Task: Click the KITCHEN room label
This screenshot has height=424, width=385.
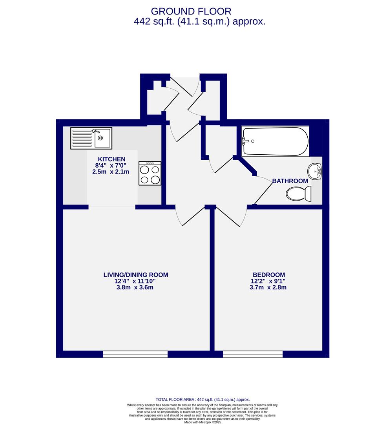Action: (111, 159)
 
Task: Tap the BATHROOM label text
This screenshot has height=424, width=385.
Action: (290, 181)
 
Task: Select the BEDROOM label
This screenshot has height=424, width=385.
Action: (268, 275)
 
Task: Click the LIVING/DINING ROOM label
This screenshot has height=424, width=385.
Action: (136, 275)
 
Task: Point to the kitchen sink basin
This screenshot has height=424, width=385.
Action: (101, 138)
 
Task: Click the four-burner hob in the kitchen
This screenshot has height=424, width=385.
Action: (150, 173)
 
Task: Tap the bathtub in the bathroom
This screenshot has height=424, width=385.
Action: (275, 141)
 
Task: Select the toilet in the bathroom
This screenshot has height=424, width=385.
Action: (298, 194)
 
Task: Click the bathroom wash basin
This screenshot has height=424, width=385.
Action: (315, 171)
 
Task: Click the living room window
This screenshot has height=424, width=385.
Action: (135, 354)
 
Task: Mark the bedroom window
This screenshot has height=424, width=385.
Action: (253, 354)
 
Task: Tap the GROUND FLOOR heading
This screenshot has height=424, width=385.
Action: (191, 11)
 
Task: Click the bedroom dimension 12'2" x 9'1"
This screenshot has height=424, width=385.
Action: (268, 281)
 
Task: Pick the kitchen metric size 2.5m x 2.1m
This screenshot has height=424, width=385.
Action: (111, 172)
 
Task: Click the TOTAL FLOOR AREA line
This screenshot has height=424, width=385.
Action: (203, 399)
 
